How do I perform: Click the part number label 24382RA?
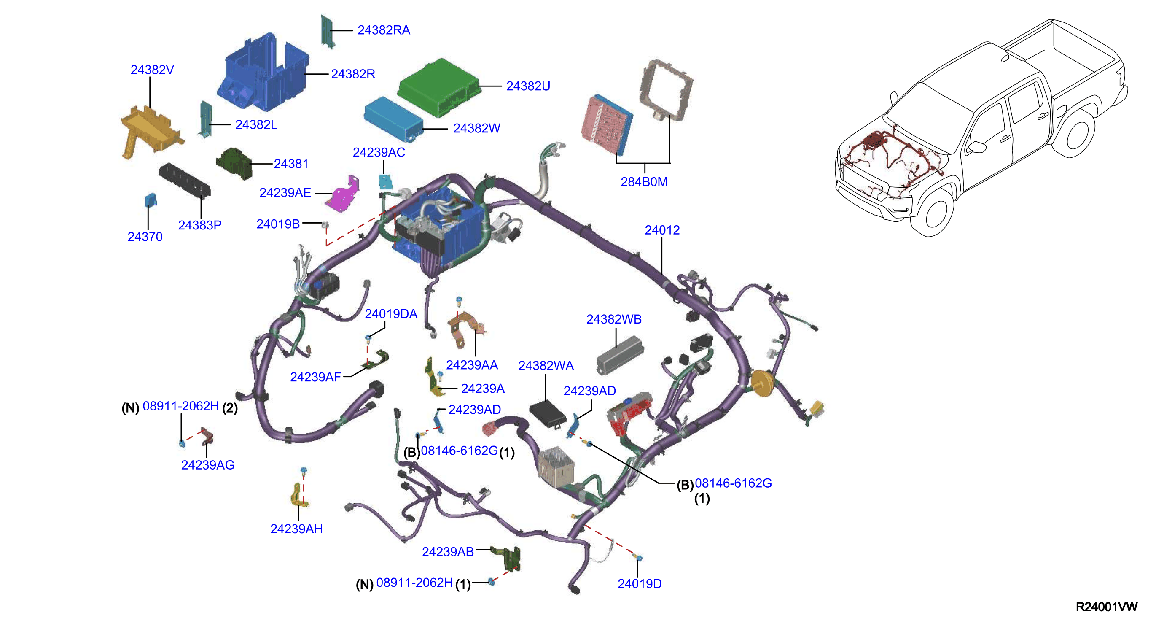pyautogui.click(x=384, y=30)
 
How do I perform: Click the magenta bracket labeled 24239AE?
pyautogui.click(x=342, y=194)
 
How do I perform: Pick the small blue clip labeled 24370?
pyautogui.click(x=151, y=200)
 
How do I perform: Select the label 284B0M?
pyautogui.click(x=644, y=182)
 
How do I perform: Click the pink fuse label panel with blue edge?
pyautogui.click(x=607, y=124)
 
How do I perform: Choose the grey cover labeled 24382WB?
pyautogui.click(x=620, y=355)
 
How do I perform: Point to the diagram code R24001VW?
pyautogui.click(x=1107, y=607)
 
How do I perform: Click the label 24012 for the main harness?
pyautogui.click(x=662, y=230)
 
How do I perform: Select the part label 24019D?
pyautogui.click(x=640, y=584)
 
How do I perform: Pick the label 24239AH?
pyautogui.click(x=296, y=529)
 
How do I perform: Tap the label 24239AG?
pyautogui.click(x=208, y=465)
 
